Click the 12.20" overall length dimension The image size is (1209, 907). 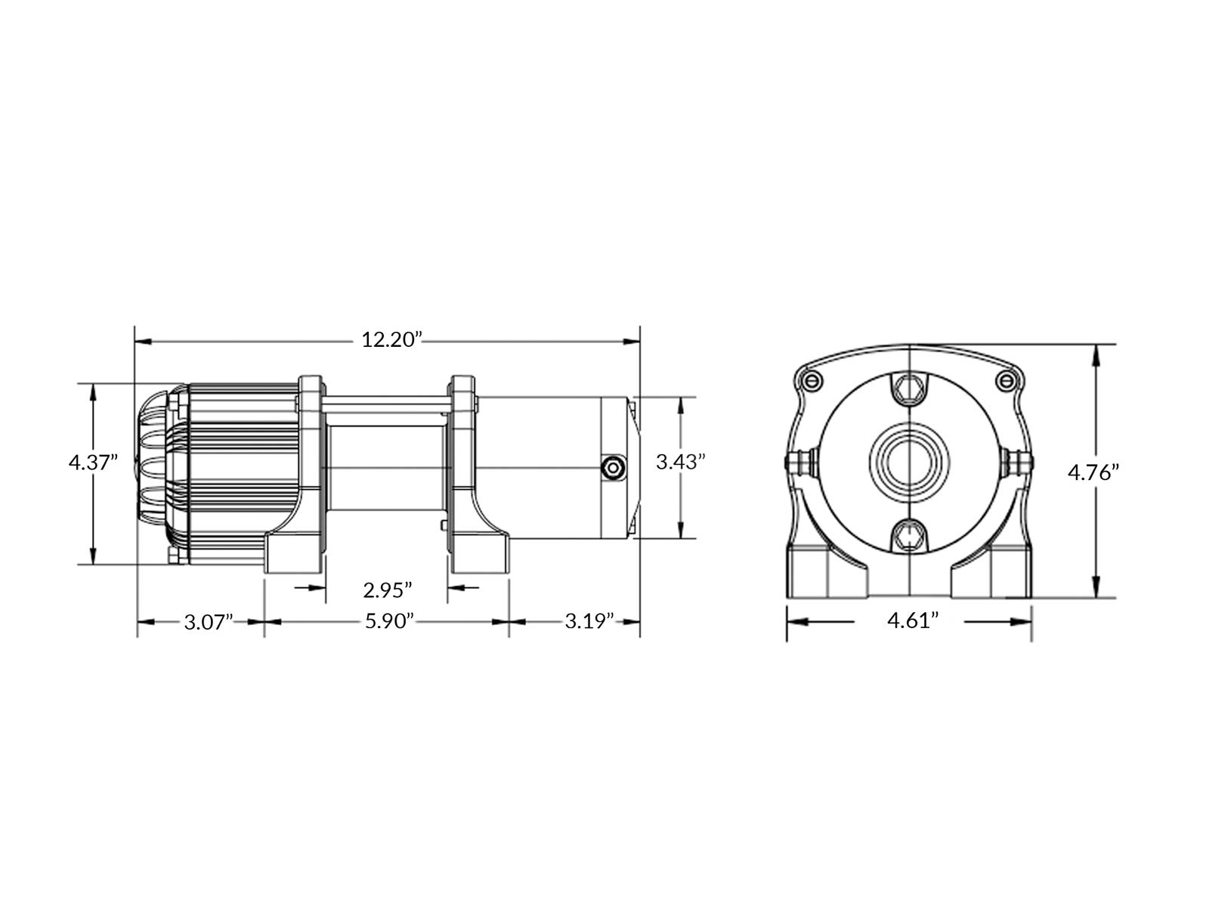tap(391, 340)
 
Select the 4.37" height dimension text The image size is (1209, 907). tap(93, 462)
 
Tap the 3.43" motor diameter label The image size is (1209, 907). tap(680, 462)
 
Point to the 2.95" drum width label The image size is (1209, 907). tap(387, 590)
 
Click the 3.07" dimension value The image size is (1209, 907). tap(209, 623)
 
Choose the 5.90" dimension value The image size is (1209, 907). tap(389, 622)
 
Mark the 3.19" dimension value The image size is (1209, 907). tap(589, 622)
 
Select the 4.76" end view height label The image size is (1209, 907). tap(1093, 472)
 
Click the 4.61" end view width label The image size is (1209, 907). tap(913, 621)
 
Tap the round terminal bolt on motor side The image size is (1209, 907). tap(612, 468)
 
